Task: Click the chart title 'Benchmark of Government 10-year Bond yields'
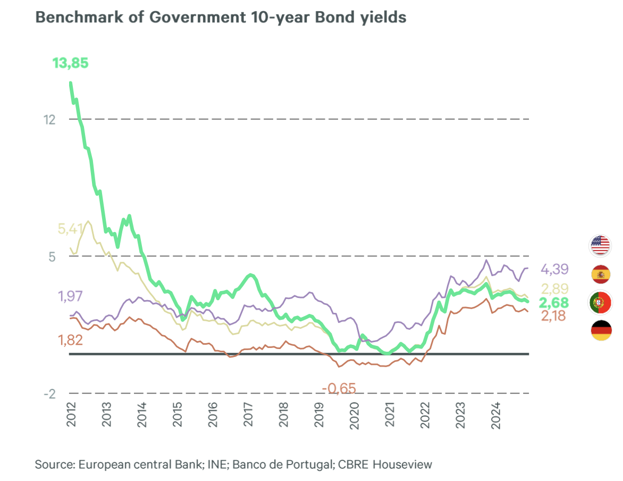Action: [x=221, y=17]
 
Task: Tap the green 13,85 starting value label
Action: [x=70, y=63]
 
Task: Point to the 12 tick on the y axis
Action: [x=49, y=119]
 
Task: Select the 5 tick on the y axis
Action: [x=52, y=256]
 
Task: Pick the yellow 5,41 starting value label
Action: [x=70, y=229]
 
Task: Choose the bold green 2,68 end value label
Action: [x=553, y=303]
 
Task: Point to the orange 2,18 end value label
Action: [x=553, y=316]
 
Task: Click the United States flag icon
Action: [x=601, y=245]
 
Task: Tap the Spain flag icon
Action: [x=601, y=274]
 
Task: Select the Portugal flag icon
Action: [x=601, y=303]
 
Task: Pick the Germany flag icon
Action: [x=601, y=330]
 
